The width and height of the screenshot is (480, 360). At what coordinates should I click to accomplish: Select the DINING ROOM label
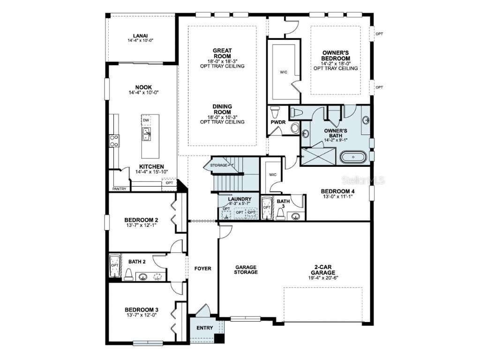click(x=222, y=109)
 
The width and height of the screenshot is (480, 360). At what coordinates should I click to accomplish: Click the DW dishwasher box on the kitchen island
click(x=146, y=120)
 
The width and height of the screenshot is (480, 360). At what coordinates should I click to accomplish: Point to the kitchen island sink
click(x=147, y=135)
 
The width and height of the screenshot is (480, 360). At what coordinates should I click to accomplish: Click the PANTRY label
click(x=119, y=189)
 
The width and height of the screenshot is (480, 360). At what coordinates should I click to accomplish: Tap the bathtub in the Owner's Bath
click(x=353, y=157)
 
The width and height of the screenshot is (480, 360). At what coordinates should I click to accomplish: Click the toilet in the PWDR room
click(x=275, y=112)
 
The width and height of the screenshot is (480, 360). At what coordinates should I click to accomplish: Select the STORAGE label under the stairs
click(x=218, y=165)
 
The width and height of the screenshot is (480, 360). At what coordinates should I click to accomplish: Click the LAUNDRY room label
click(x=240, y=199)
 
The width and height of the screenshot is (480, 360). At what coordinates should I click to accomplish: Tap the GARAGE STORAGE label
click(x=246, y=270)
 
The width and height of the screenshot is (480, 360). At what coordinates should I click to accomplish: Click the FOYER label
click(x=203, y=269)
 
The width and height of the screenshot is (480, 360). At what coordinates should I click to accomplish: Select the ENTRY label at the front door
click(x=204, y=328)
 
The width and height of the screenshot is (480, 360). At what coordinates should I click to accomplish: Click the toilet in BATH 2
click(x=128, y=275)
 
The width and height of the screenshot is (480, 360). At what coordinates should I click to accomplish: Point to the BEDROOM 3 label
click(x=141, y=310)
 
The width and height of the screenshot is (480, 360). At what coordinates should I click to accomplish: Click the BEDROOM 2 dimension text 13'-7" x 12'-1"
click(x=141, y=225)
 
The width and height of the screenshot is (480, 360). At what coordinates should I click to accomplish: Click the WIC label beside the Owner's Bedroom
click(x=283, y=72)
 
